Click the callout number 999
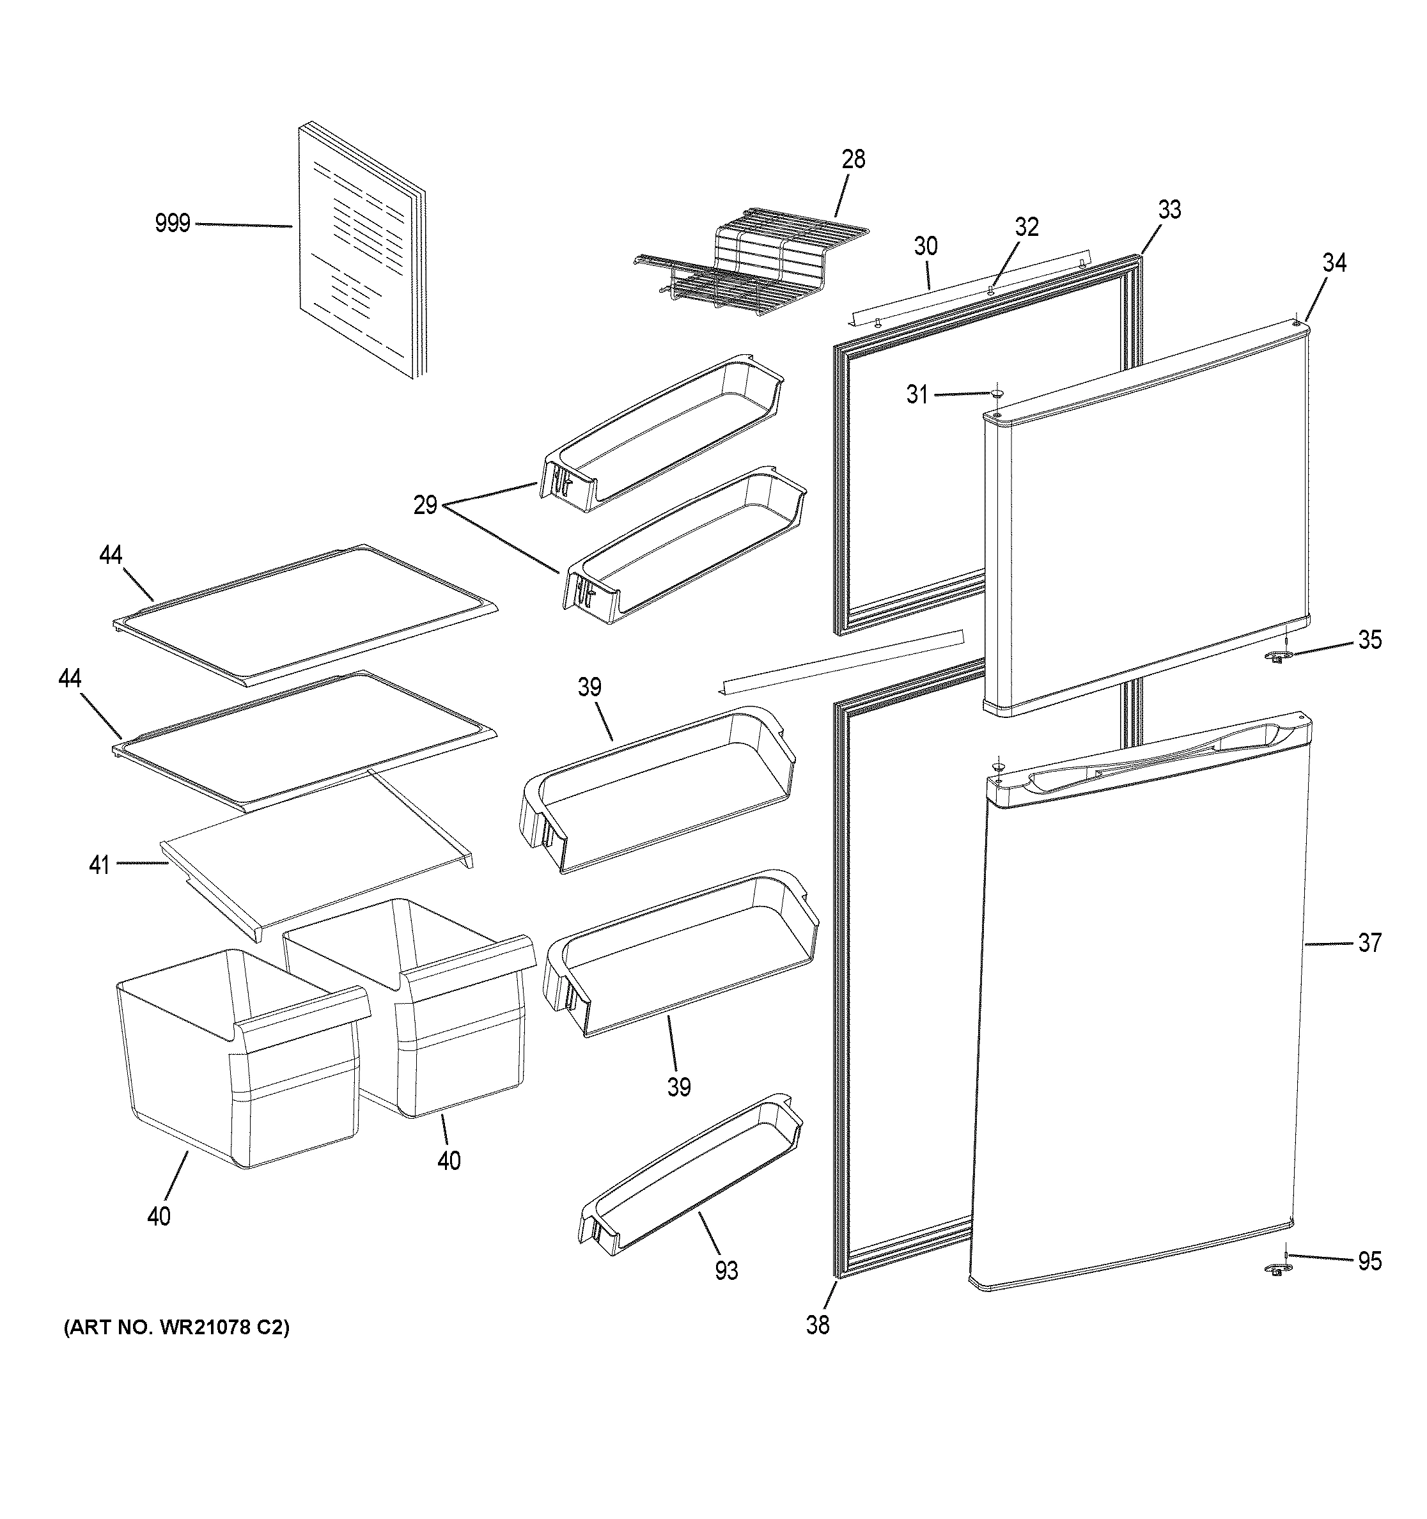172,224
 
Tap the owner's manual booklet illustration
359,252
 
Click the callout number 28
854,159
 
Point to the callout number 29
426,505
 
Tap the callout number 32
1027,227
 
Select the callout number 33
1169,209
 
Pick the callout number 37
1369,944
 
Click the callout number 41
99,866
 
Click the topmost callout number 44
111,555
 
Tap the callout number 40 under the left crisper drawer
159,1216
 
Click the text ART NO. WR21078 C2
176,1328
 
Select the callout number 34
1334,263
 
